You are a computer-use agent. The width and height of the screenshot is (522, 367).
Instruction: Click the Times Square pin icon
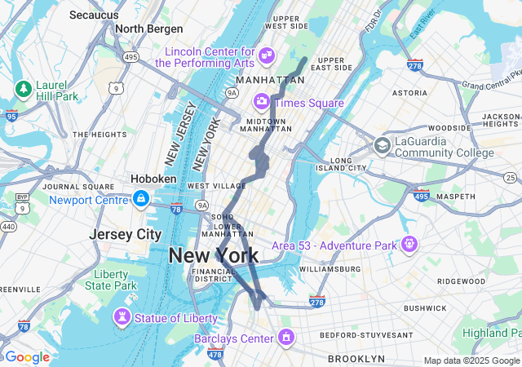pyautogui.click(x=262, y=102)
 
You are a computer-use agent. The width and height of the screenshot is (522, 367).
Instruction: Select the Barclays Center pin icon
pyautogui.click(x=286, y=336)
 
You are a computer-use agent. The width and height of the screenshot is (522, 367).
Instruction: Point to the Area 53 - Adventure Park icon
pyautogui.click(x=409, y=243)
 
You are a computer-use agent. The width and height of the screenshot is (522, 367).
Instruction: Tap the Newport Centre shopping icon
pyautogui.click(x=141, y=198)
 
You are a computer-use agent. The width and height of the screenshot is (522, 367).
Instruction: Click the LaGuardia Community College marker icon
pyautogui.click(x=382, y=146)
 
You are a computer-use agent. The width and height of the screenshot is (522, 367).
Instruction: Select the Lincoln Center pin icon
pyautogui.click(x=266, y=55)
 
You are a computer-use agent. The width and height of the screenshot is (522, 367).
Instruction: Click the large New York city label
pyautogui.click(x=213, y=255)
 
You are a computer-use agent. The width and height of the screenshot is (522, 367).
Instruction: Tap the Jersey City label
pyautogui.click(x=126, y=234)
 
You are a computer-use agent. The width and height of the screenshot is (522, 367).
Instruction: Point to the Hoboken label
pyautogui.click(x=153, y=179)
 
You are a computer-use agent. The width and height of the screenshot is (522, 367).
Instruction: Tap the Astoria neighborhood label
pyautogui.click(x=409, y=93)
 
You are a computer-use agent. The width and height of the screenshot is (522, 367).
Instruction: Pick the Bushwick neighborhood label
pyautogui.click(x=424, y=308)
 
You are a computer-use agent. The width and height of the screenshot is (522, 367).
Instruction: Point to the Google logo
pyautogui.click(x=26, y=357)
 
